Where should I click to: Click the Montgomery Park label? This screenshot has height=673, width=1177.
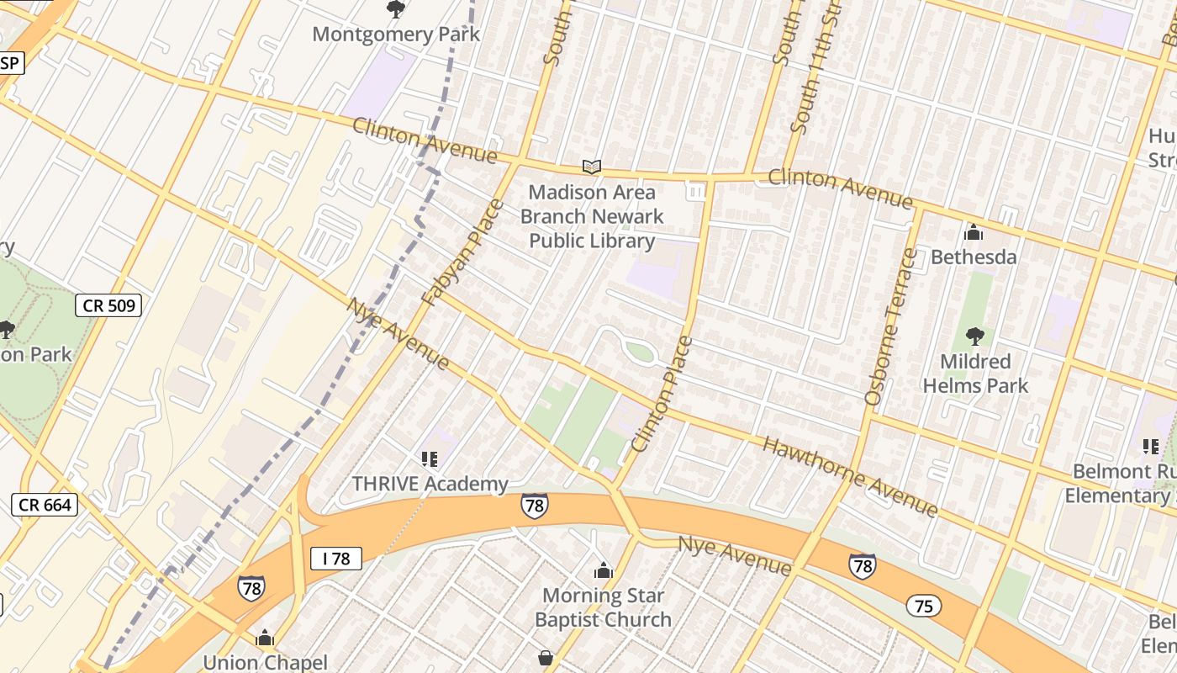click(x=396, y=34)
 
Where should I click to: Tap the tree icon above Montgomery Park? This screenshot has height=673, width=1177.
click(x=395, y=9)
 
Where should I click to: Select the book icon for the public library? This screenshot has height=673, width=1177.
click(x=592, y=167)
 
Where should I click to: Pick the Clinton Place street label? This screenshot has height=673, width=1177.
click(x=662, y=394)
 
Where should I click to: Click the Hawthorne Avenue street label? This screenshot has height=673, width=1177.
click(x=849, y=476)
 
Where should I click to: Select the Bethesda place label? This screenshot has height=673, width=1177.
click(x=974, y=257)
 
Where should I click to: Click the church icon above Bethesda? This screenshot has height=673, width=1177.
click(x=974, y=232)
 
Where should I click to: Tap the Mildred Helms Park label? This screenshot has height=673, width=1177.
click(x=975, y=374)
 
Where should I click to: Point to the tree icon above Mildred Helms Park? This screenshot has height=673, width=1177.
click(x=975, y=336)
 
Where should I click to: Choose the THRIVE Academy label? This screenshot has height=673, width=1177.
click(x=430, y=484)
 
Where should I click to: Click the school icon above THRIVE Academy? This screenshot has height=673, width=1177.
click(x=430, y=459)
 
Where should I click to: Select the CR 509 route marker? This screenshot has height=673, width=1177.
click(x=108, y=305)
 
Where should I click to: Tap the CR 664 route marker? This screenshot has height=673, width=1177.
click(x=45, y=505)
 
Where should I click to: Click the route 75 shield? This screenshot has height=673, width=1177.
click(x=923, y=606)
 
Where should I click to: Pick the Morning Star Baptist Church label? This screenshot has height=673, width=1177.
click(x=603, y=607)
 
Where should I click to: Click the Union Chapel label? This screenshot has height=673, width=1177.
click(x=265, y=662)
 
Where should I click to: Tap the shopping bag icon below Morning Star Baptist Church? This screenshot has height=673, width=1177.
click(x=546, y=657)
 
